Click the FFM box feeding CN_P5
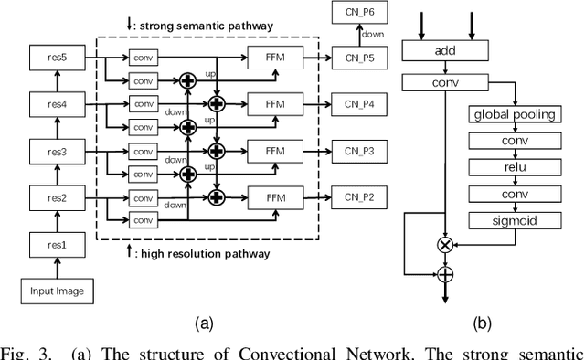pyautogui.click(x=275, y=57)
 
